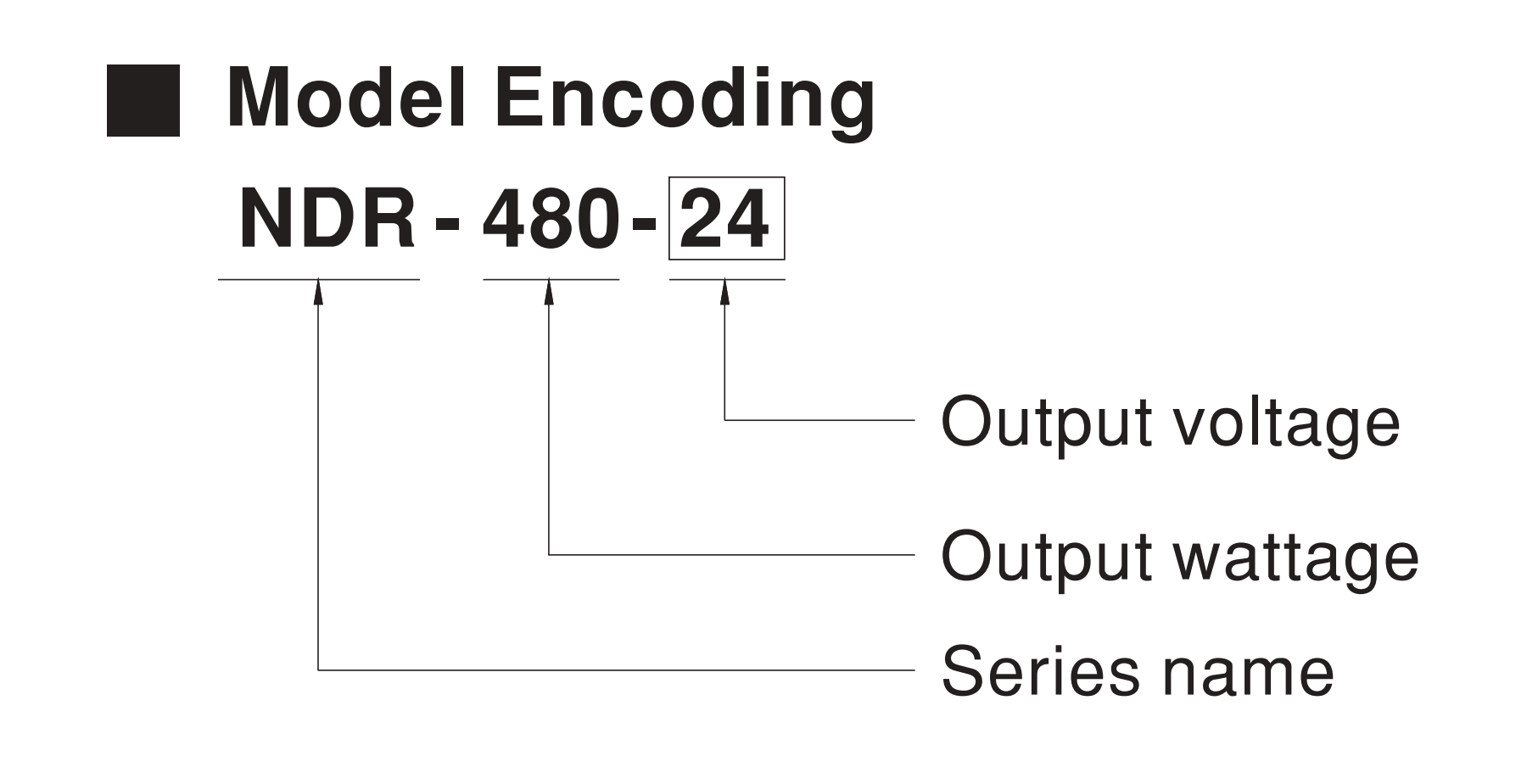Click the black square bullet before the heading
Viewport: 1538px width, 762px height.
pos(143,100)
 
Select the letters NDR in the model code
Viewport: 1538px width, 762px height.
pos(328,219)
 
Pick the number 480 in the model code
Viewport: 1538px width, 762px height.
pos(551,219)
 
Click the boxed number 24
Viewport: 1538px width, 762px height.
pos(726,218)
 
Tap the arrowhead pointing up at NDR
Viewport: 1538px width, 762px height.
pos(318,291)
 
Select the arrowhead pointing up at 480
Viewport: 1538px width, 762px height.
pos(549,291)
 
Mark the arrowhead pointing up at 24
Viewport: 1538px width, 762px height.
pos(724,291)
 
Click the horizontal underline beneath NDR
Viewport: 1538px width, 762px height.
pos(319,279)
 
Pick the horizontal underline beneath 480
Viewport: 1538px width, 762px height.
pos(551,279)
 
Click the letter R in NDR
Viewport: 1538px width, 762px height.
pos(388,219)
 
